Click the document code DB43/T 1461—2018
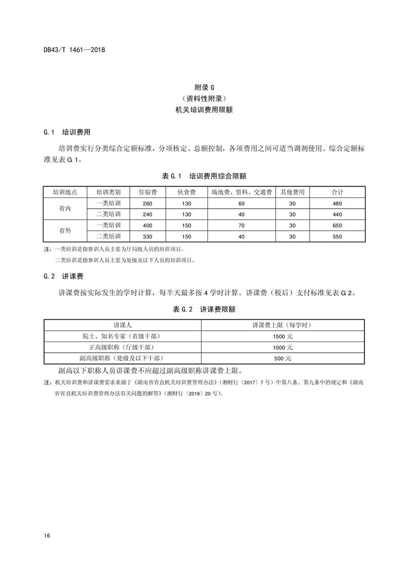pyautogui.click(x=75, y=50)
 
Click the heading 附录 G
pyautogui.click(x=204, y=87)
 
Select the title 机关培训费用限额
pyautogui.click(x=204, y=110)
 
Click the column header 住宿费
pyautogui.click(x=148, y=192)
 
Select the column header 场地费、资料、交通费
pyautogui.click(x=241, y=192)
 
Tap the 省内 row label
pyautogui.click(x=65, y=208)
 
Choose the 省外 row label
pyautogui.click(x=65, y=231)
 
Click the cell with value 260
pyautogui.click(x=148, y=203)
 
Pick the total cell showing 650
pyautogui.click(x=337, y=225)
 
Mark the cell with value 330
pyautogui.click(x=148, y=237)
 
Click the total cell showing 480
pyautogui.click(x=337, y=203)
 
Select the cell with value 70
pyautogui.click(x=241, y=225)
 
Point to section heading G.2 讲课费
pyautogui.click(x=64, y=276)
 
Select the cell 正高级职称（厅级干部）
pyautogui.click(x=122, y=347)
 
